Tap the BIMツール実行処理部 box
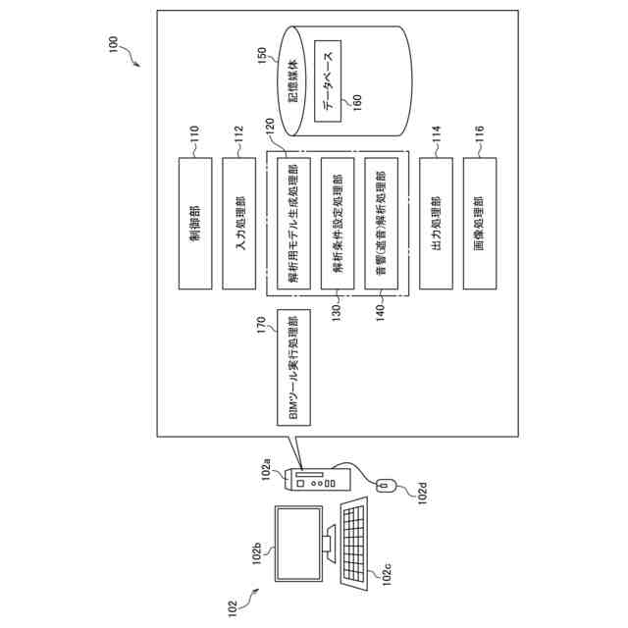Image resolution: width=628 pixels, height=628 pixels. pyautogui.click(x=294, y=369)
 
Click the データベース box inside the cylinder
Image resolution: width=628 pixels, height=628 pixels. pyautogui.click(x=328, y=80)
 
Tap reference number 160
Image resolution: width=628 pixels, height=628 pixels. pyautogui.click(x=356, y=101)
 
